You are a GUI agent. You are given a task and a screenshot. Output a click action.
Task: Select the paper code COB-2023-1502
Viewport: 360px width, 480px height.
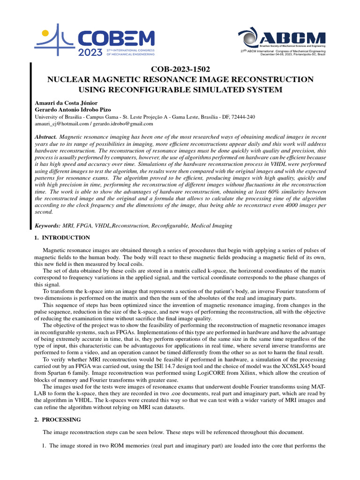click(x=180, y=69)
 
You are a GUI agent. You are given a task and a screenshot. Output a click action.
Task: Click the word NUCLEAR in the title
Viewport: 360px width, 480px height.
click(x=67, y=80)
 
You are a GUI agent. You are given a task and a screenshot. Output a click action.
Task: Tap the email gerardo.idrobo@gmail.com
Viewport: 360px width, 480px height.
click(x=123, y=124)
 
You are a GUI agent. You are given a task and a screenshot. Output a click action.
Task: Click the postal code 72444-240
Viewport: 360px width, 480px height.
click(x=243, y=117)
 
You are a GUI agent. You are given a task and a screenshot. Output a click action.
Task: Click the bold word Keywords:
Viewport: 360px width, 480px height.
click(x=48, y=225)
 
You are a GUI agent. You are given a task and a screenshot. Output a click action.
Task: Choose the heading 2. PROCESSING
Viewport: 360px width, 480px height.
click(x=58, y=420)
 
